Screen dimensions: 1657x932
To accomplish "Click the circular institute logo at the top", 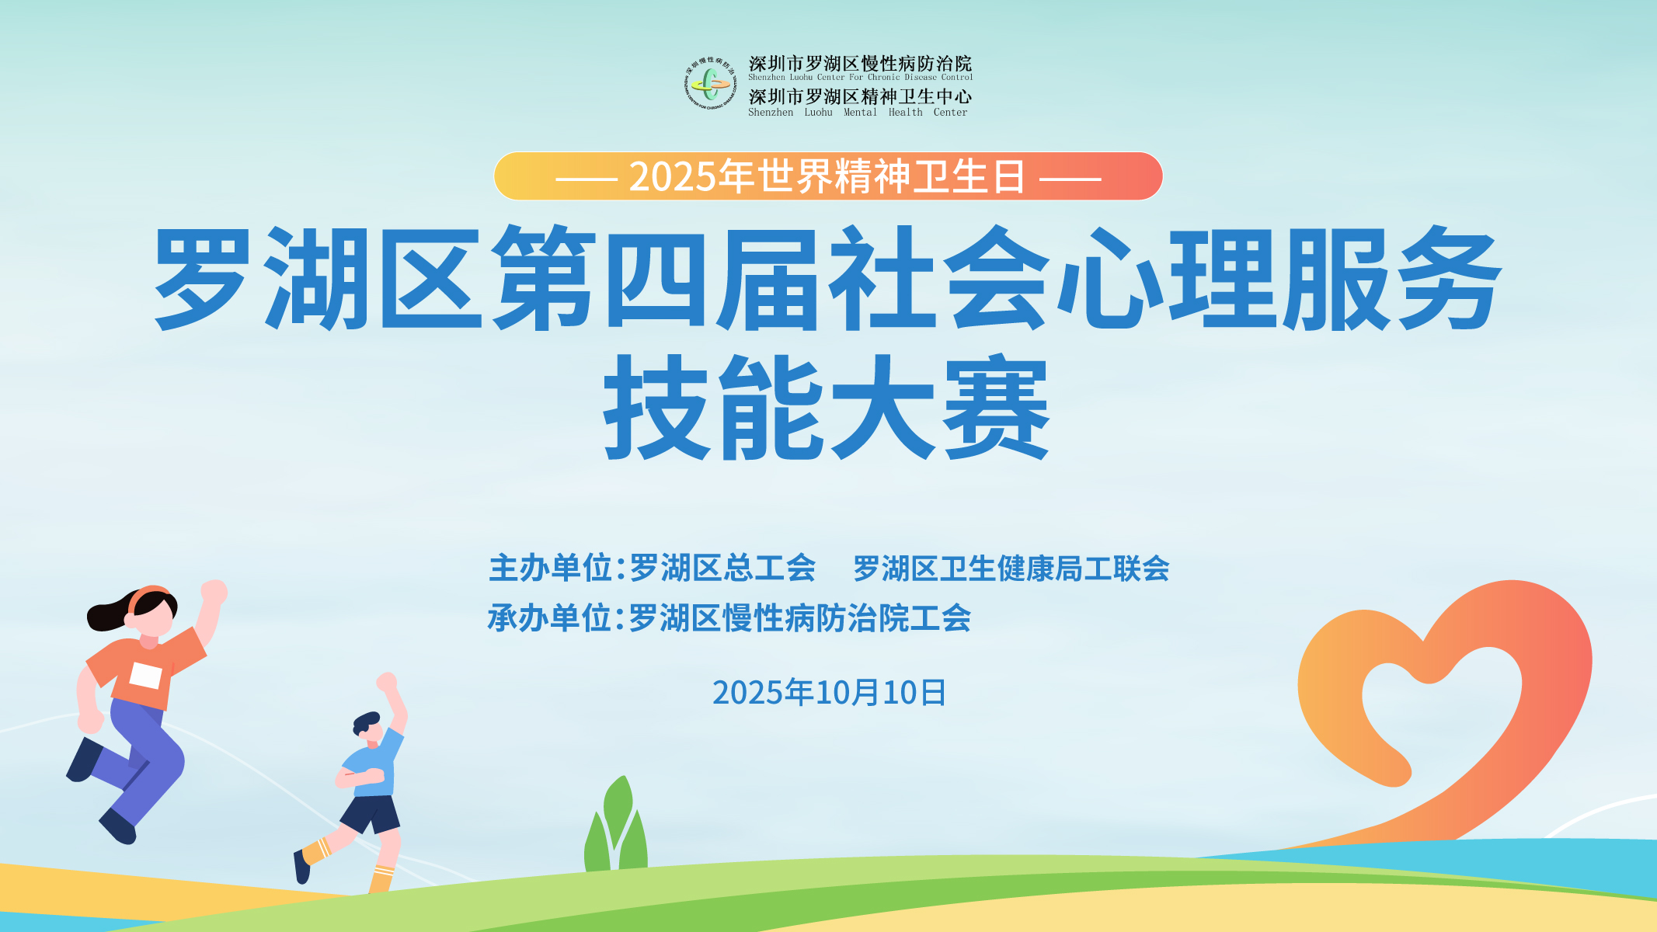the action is [709, 83].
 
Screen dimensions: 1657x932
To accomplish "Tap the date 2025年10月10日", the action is [829, 692].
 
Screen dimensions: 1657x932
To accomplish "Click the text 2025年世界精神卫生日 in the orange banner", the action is [827, 176].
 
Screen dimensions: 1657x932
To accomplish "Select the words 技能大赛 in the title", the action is [827, 407].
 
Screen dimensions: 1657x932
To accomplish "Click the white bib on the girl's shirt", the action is [146, 676].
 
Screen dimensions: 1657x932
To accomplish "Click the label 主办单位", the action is [551, 569].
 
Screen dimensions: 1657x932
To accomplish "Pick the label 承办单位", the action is [550, 619].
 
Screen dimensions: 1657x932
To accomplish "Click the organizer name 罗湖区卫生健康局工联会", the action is [1011, 569].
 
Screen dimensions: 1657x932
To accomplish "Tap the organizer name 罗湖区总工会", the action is [722, 569].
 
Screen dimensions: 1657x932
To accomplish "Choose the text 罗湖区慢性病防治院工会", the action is [800, 619].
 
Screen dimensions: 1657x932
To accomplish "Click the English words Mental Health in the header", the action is [883, 113].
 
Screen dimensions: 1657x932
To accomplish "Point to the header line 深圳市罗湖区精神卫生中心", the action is [860, 96].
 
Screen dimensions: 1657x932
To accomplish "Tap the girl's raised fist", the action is [214, 593].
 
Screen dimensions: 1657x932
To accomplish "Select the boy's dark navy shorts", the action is [371, 814].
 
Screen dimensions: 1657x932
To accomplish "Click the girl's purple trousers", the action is [140, 757].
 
